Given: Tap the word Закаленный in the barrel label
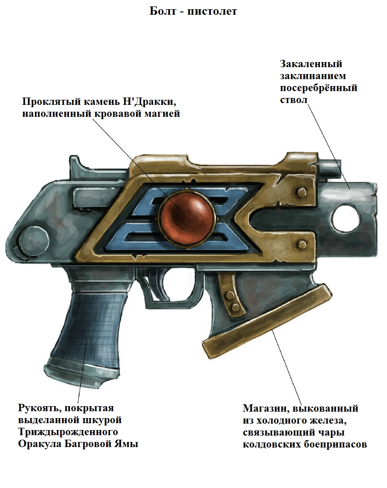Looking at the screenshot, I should tap(311, 64).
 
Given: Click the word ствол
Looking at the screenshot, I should tap(293, 100).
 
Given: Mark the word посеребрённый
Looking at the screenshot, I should tap(319, 88).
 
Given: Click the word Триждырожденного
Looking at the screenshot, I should tap(68, 432).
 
